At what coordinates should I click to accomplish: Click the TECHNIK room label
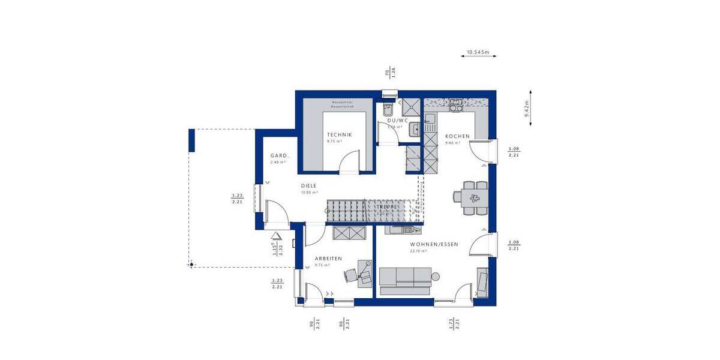pos(339,135)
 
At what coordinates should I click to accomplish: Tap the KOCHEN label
pos(457,136)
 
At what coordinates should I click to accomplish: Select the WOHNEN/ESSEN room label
pos(434,244)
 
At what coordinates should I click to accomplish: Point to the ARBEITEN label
pos(328,259)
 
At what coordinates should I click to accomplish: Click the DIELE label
pos(308,186)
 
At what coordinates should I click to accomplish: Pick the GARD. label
pos(280,155)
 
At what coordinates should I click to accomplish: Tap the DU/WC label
pos(397,121)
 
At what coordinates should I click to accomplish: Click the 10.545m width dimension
pos(478,53)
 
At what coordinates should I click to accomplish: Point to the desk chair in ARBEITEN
pos(350,275)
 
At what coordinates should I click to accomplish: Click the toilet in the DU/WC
pos(387,110)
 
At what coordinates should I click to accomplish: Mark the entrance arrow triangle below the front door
pos(276,238)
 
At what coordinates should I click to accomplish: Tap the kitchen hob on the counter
pos(456,107)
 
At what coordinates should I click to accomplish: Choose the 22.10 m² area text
pos(418,251)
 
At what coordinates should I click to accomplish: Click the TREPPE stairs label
pos(387,206)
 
